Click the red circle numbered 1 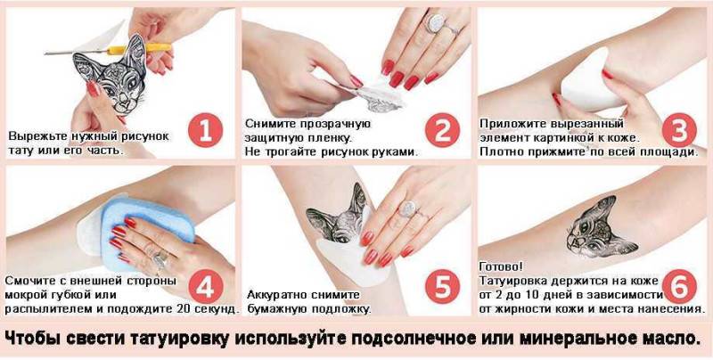[205, 130]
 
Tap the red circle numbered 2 [442, 130]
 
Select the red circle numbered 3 [679, 130]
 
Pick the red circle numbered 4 [206, 286]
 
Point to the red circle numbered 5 [442, 286]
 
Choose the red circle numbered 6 [679, 286]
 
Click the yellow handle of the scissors [140, 48]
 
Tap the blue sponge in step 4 [146, 233]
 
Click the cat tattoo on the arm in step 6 [601, 227]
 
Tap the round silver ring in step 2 [436, 23]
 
